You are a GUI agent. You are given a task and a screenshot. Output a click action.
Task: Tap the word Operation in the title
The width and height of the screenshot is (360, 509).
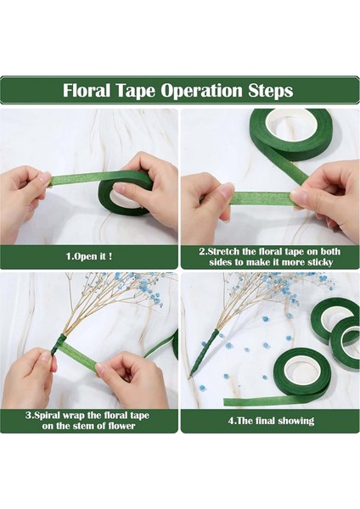201,91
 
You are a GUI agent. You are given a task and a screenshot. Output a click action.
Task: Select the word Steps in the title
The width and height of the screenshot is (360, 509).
271,92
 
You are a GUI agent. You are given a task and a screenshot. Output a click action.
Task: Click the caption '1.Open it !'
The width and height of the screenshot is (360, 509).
89,256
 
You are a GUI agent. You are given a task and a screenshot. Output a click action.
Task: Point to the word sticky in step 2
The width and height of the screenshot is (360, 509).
319,262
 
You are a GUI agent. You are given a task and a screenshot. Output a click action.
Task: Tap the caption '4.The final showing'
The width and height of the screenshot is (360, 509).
271,421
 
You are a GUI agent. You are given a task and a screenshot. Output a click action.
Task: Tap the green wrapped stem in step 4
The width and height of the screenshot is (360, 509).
204,351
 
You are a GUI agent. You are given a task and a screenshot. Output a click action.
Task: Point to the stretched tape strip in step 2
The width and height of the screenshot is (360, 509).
262,199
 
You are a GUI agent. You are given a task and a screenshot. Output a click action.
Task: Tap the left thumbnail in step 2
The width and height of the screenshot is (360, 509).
226,188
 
